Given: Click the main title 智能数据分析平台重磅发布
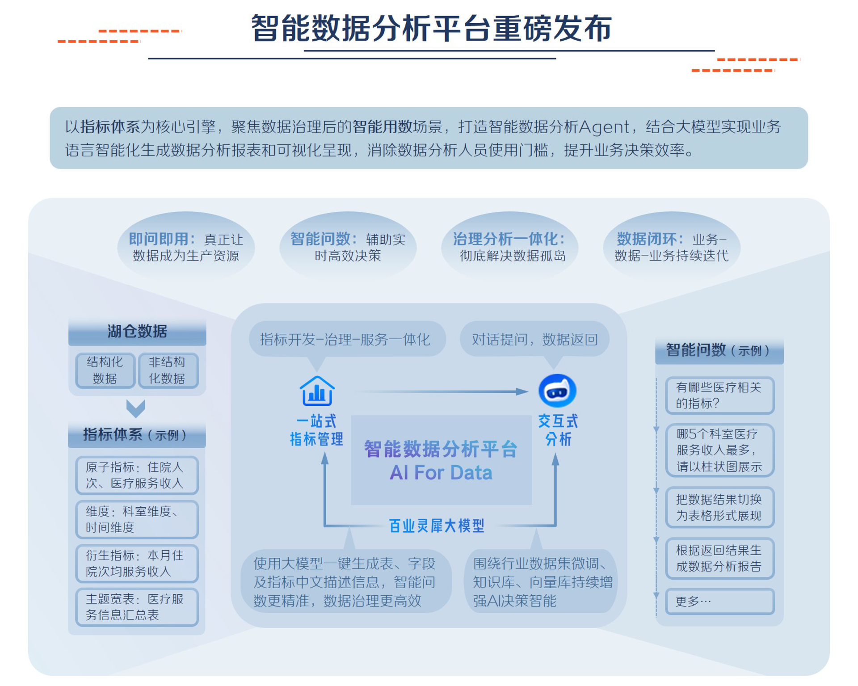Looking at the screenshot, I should [x=431, y=29].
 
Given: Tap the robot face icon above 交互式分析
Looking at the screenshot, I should [x=557, y=391].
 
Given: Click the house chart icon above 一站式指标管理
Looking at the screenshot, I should [x=317, y=391].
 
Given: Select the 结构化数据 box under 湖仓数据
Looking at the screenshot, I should [x=105, y=370].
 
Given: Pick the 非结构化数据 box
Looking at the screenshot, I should [x=168, y=370].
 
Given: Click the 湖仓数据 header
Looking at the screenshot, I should [x=137, y=332].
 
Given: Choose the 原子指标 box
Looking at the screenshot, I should [x=137, y=475].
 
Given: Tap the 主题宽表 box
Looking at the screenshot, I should [x=137, y=607].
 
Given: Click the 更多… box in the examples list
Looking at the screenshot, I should [x=719, y=602].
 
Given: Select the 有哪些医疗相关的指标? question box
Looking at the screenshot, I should [x=719, y=396].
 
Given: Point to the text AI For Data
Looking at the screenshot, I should [x=441, y=473].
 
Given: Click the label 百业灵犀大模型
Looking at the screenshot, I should [x=437, y=526].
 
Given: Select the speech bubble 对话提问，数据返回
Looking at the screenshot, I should [x=534, y=340].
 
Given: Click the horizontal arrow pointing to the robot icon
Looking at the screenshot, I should [x=442, y=391].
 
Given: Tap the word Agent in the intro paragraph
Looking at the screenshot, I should [x=604, y=127].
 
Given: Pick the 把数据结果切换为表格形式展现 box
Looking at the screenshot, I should [x=719, y=507].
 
